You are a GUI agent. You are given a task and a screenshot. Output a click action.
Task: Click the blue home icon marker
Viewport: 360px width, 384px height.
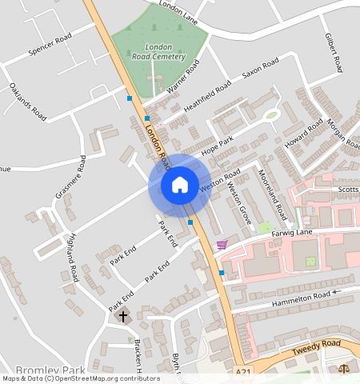coord(180,185)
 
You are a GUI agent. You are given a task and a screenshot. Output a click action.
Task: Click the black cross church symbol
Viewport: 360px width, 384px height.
coord(123,317)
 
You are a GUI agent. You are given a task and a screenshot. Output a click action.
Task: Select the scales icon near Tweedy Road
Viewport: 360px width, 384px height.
coord(345,370)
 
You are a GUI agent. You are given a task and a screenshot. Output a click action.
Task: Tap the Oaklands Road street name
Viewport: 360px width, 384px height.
coord(28,100)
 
